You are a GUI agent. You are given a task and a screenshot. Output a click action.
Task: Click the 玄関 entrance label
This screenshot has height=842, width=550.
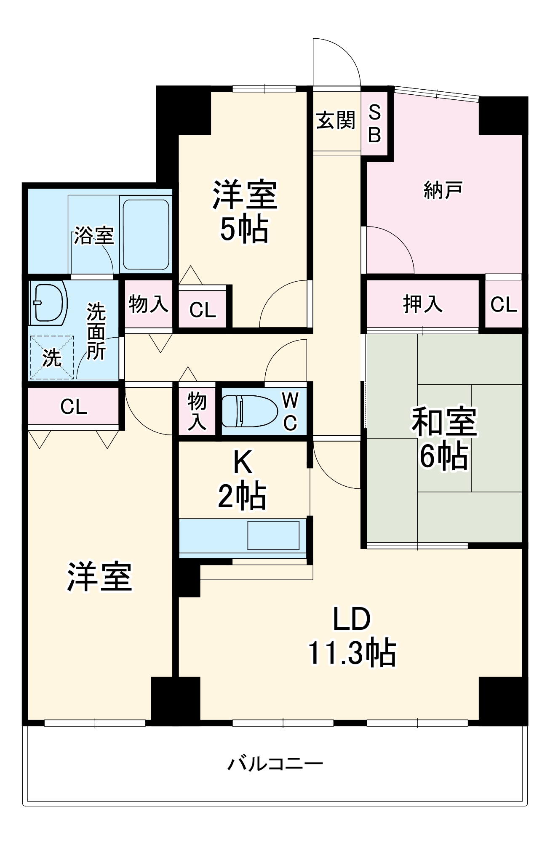coord(336,121)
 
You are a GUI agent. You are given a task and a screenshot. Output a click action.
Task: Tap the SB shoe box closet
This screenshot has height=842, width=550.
coord(374,124)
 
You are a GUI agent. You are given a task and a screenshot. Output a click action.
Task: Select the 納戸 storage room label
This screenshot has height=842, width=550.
coord(443,191)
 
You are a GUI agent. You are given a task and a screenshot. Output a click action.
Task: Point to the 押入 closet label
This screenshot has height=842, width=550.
coord(423,304)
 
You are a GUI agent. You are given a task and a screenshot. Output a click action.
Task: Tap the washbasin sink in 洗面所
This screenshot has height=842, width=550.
coord(48,302)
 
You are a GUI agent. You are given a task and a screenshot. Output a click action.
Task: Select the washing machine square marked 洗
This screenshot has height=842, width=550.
coord(52,357)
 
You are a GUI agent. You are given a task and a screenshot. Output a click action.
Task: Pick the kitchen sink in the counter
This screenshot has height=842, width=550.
coord(273,535)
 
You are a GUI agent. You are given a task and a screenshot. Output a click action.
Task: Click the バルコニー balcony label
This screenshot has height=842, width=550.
coord(275,763)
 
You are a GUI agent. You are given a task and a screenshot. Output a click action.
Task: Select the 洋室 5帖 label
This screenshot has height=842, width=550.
coord(245,212)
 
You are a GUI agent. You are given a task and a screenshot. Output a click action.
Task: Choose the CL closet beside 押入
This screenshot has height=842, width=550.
coord(503,304)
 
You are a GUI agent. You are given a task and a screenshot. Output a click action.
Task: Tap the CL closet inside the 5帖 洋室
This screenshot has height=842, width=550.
coord(203,310)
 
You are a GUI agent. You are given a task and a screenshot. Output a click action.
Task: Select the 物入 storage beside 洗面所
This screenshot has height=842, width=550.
coord(149,304)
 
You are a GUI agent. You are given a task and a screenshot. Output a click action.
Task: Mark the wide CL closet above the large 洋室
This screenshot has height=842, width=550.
coord(74,407)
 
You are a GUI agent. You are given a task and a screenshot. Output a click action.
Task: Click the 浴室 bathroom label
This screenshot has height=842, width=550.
coord(94,235)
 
